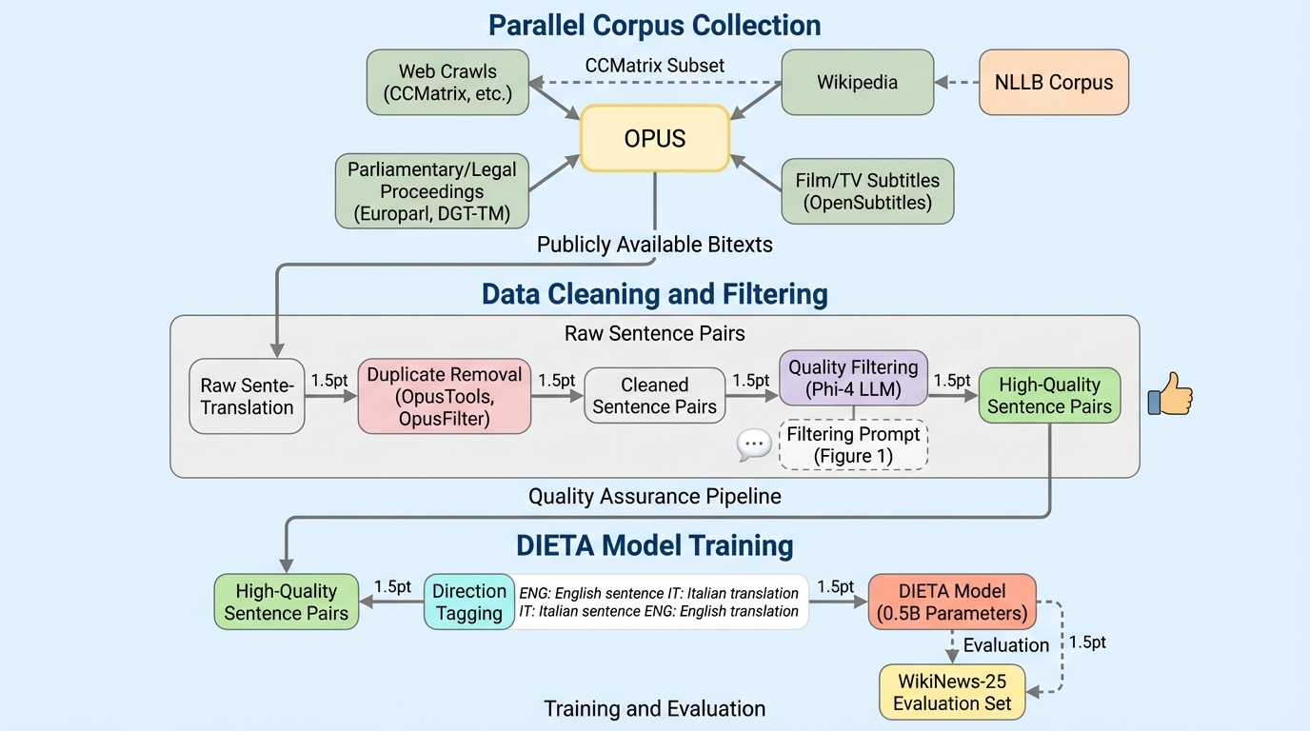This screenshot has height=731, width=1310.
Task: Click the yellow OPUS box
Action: pyautogui.click(x=655, y=138)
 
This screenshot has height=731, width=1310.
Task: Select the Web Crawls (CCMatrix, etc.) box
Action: pyautogui.click(x=447, y=83)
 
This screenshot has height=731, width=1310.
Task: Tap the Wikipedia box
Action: pyautogui.click(x=857, y=83)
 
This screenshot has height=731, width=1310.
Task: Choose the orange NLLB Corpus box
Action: pyautogui.click(x=1054, y=83)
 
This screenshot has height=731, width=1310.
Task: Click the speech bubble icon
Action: pyautogui.click(x=754, y=445)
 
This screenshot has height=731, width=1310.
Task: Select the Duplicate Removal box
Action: pyautogui.click(x=444, y=396)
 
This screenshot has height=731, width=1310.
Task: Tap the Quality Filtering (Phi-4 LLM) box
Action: pyautogui.click(x=853, y=378)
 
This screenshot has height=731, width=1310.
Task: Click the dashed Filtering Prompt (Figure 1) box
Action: pyautogui.click(x=853, y=445)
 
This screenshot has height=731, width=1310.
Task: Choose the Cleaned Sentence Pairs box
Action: pyautogui.click(x=654, y=396)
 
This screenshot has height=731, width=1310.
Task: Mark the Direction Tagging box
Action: pyautogui.click(x=468, y=602)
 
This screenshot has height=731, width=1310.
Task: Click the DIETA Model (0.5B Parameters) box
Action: pyautogui.click(x=951, y=602)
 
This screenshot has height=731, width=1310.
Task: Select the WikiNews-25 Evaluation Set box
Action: pyautogui.click(x=951, y=691)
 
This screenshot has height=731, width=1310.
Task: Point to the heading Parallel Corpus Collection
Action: pyautogui.click(x=655, y=25)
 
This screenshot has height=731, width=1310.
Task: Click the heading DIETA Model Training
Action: pyautogui.click(x=655, y=545)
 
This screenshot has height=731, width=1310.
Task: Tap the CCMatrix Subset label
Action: pyautogui.click(x=655, y=66)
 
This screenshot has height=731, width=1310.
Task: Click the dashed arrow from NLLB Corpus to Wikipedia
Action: pyautogui.click(x=957, y=83)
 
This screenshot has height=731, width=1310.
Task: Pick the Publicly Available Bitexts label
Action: pyautogui.click(x=655, y=245)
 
